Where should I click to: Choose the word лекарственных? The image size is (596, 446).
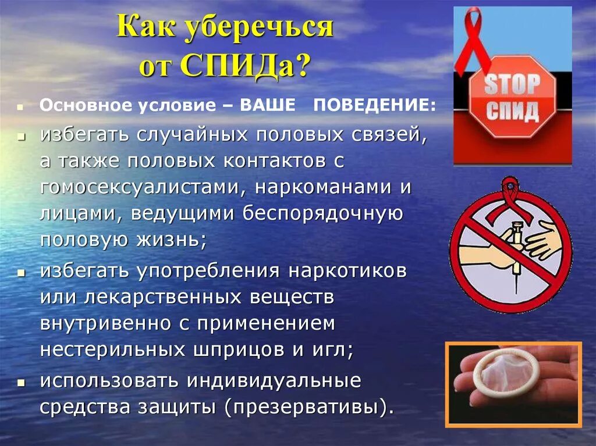[164, 297]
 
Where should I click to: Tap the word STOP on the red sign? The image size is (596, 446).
[512, 85]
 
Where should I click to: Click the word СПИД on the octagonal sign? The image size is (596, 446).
[512, 110]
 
